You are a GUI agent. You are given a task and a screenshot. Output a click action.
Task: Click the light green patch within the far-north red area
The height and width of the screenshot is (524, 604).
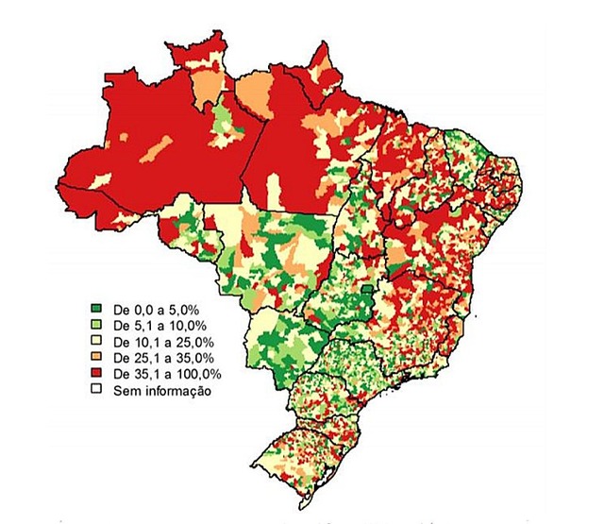tap(224, 123)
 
